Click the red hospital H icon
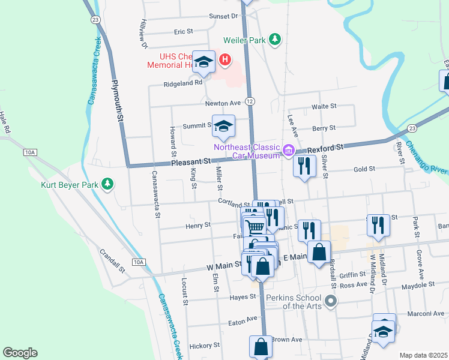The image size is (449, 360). [x=224, y=59]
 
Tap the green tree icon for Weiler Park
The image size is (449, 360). [x=275, y=40]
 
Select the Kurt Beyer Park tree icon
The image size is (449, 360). [x=107, y=184]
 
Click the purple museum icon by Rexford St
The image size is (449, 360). [x=289, y=151]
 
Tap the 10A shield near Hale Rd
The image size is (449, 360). [x=30, y=152]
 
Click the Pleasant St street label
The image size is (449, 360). [x=190, y=162]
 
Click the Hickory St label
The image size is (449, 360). [x=205, y=346]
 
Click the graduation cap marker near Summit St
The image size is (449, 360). [x=223, y=127]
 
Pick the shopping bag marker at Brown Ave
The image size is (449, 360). [x=261, y=346]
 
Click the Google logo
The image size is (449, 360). [x=20, y=353]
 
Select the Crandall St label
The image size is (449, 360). [x=113, y=261]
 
